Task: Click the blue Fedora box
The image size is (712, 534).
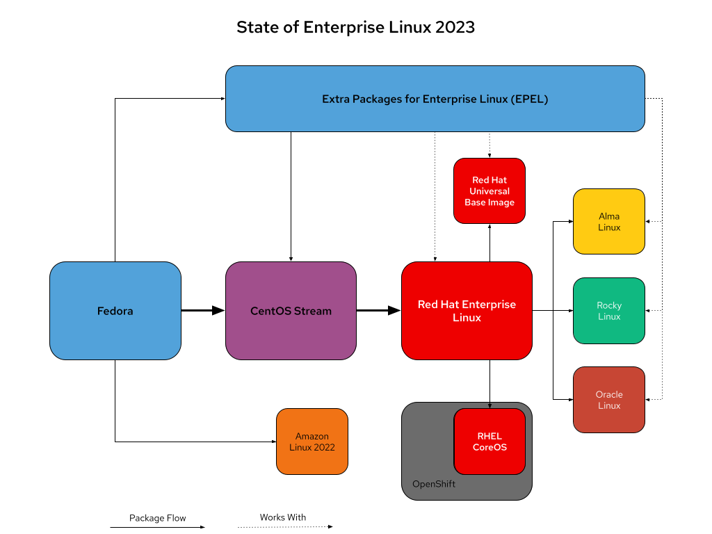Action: (x=115, y=311)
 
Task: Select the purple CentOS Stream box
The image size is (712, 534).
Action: (x=291, y=311)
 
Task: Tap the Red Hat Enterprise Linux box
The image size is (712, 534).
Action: (x=467, y=311)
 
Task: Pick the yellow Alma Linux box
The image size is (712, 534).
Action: (x=609, y=221)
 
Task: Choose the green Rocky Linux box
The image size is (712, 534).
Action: (x=609, y=311)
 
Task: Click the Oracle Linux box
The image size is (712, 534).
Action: (x=609, y=400)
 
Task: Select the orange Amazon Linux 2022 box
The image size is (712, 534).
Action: (x=312, y=442)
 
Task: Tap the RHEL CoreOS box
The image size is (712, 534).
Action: (x=489, y=442)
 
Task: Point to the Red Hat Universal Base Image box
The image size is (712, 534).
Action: (x=489, y=191)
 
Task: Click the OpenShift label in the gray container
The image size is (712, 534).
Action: (x=434, y=484)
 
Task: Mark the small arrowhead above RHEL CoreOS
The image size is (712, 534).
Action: (x=489, y=406)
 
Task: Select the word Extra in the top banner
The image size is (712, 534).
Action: (x=336, y=99)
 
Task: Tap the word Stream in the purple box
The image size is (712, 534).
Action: (x=313, y=311)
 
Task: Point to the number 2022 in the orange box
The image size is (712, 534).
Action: (x=324, y=447)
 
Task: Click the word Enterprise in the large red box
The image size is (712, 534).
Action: (x=486, y=305)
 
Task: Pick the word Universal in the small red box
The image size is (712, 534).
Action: (x=489, y=191)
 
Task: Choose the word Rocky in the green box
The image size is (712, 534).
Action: (x=609, y=305)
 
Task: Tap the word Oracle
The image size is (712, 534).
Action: (x=609, y=394)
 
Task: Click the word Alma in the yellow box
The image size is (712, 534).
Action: (x=609, y=216)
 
